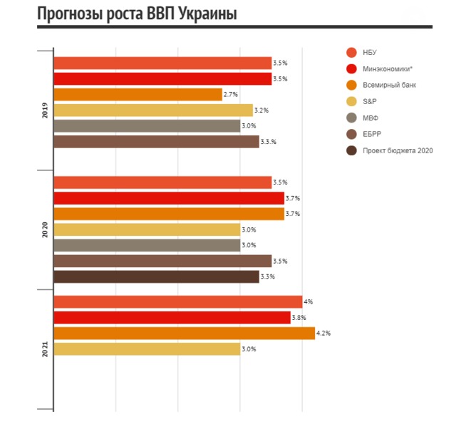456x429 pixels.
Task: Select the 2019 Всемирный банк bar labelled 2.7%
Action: click(138, 95)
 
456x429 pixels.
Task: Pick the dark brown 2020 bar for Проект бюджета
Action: click(156, 276)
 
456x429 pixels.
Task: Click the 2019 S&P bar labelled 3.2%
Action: click(153, 110)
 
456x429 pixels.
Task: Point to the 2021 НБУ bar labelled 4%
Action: click(178, 301)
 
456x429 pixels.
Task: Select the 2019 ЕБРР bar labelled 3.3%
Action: click(156, 142)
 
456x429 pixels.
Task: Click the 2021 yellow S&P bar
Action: click(147, 348)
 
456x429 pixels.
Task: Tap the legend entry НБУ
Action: click(369, 52)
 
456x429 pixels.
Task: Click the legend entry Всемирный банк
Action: click(389, 85)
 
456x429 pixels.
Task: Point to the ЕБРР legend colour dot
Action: click(351, 134)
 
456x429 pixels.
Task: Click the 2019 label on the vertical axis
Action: click(45, 110)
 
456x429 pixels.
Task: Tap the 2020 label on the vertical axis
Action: click(45, 229)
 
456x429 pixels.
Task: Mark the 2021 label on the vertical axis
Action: click(45, 348)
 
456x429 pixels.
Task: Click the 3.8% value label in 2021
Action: click(300, 317)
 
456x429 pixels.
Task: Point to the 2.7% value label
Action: click(232, 95)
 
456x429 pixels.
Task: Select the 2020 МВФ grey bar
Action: click(147, 245)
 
